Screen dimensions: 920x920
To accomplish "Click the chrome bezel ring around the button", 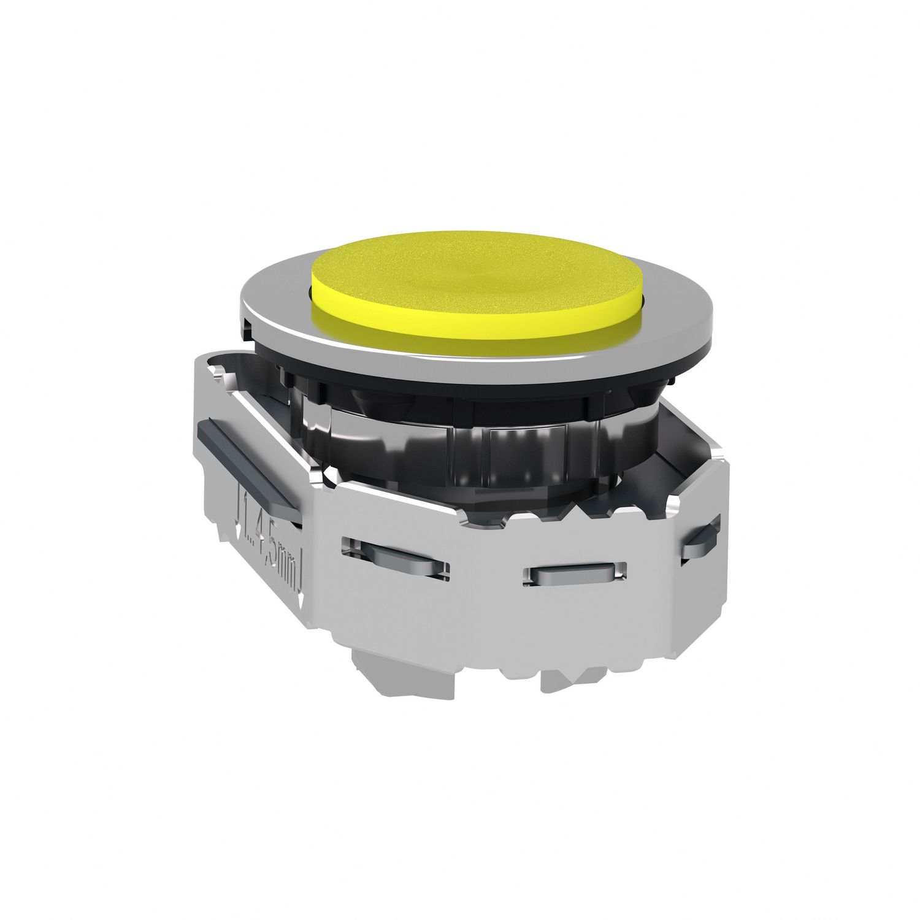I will pos(270,319).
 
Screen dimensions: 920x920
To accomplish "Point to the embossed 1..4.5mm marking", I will pos(270,540).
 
